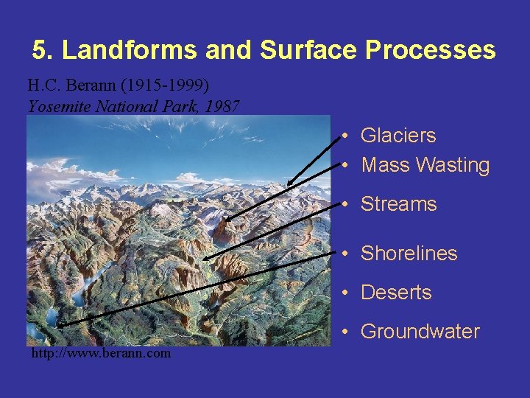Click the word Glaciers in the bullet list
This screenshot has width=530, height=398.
tap(397, 136)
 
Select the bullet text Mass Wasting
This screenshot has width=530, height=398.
tap(425, 165)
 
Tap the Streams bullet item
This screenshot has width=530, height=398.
tap(398, 204)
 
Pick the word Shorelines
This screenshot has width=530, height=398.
tap(409, 254)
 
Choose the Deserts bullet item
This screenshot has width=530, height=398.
tap(395, 293)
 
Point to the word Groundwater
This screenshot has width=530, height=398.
tap(420, 332)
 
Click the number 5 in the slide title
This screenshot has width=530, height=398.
tap(40, 50)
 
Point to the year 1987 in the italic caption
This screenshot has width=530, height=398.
tap(223, 105)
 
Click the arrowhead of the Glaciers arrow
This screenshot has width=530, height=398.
tap(288, 184)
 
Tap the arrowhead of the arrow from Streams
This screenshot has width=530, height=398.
tap(204, 257)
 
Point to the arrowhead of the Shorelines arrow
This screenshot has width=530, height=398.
tap(57, 324)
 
